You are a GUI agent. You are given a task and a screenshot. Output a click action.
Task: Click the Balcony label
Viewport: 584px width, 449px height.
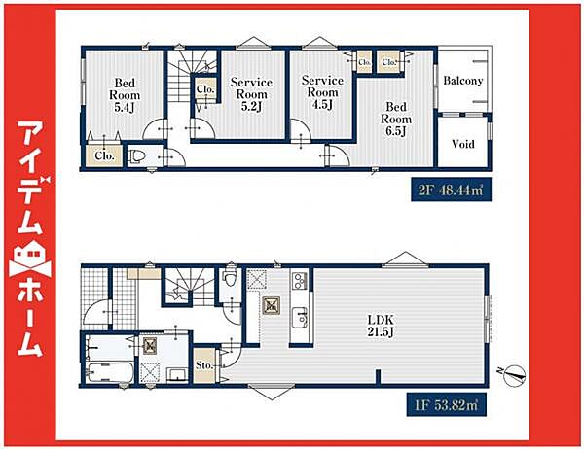pos(463,81)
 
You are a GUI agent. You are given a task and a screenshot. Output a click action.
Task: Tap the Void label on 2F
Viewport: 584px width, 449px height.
pos(463,144)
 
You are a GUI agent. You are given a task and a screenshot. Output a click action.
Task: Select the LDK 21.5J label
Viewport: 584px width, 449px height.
pos(381,326)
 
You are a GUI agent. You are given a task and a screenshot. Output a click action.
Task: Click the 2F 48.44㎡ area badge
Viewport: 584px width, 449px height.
pos(451,190)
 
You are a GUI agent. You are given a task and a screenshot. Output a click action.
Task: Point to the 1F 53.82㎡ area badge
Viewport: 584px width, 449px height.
pos(446,404)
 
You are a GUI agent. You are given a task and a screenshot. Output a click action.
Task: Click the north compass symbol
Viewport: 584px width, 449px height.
pos(514,374)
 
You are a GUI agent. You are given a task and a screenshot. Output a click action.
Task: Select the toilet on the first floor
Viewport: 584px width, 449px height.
pos(230,278)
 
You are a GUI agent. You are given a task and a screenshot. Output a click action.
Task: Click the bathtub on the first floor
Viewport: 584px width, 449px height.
pos(110,372)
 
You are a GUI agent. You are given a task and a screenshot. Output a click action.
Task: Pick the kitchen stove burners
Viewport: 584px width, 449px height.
pos(299,281)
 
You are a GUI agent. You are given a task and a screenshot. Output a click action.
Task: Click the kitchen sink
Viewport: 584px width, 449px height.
pos(299,318)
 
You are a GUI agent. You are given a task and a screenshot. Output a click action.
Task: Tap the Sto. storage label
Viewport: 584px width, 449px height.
pos(204,365)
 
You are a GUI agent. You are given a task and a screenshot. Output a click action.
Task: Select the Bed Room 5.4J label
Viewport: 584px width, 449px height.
pos(125,95)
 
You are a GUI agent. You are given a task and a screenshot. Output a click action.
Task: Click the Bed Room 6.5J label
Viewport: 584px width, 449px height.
pos(396,119)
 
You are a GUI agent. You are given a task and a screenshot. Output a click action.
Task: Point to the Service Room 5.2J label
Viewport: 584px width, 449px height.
pos(251,94)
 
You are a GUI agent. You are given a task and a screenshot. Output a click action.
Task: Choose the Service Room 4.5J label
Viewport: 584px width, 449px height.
pos(322,92)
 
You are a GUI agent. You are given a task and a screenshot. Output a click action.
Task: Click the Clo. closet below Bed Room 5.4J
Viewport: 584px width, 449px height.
pos(104,155)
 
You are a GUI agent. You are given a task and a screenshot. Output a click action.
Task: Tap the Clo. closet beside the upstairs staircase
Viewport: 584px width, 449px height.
pos(205,88)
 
